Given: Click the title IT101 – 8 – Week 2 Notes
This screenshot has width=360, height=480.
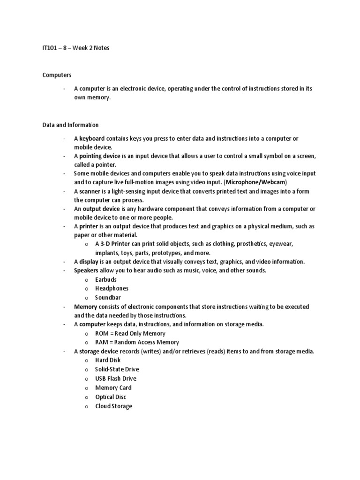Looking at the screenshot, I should [x=75, y=48].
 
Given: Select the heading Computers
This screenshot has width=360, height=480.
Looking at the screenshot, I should [x=57, y=75].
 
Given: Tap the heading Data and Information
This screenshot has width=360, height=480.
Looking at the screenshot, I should [x=70, y=125].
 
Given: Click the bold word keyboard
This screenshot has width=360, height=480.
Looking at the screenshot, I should [x=92, y=139].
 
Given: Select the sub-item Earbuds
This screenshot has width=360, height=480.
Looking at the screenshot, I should [x=106, y=279].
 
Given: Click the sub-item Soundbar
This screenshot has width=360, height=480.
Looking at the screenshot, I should [x=108, y=297].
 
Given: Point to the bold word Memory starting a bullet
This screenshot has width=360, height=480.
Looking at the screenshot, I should [x=85, y=307].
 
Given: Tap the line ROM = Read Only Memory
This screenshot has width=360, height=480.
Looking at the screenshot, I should [x=130, y=333].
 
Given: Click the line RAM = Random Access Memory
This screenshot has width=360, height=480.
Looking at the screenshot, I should [x=137, y=342].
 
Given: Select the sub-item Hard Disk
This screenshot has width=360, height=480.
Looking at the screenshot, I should [x=108, y=360].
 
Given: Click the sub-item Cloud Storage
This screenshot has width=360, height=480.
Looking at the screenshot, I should [x=113, y=406].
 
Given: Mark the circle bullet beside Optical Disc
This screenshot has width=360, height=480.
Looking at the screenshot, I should [x=86, y=397].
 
